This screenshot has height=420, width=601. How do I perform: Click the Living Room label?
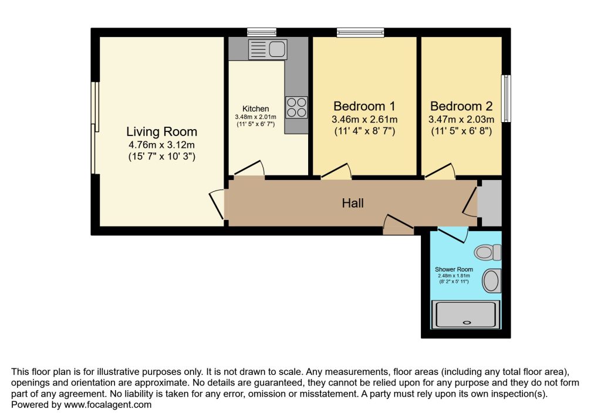162,131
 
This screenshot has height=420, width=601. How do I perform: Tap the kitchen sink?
266,48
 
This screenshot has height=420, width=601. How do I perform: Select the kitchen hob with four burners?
296,106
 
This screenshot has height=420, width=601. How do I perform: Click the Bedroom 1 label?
364,106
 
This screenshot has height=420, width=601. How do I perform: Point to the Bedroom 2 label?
461,106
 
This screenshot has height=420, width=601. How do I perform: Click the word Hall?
353,204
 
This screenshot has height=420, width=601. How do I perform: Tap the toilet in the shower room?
488,252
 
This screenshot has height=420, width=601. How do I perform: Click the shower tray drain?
467,322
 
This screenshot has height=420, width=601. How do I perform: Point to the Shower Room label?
454,269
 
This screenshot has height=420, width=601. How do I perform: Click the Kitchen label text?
256,109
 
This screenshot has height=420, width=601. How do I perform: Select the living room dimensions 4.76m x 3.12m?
162,144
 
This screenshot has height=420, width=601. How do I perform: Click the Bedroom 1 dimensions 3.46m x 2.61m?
364,120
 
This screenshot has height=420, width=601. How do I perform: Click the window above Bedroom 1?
360,32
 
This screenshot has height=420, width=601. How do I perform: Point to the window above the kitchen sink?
261,32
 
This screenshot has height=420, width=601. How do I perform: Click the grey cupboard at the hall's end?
491,204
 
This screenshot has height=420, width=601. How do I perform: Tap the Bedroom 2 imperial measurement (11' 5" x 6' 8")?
461,131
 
